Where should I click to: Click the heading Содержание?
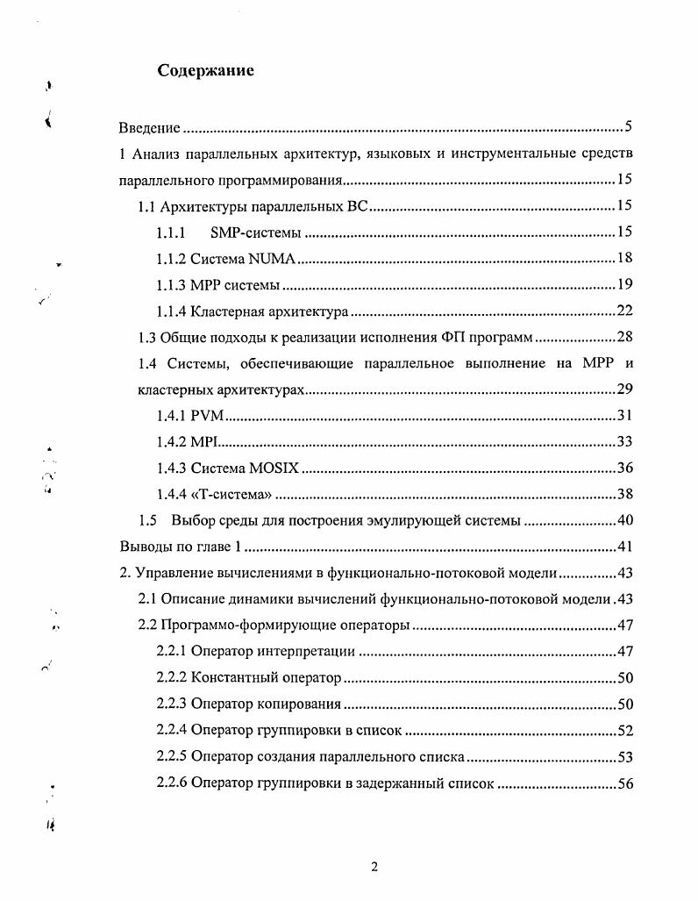pos(205,71)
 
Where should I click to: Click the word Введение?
pos(149,128)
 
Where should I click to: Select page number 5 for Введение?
pos(629,127)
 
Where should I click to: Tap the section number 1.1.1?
pos(171,232)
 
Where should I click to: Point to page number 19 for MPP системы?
pos(624,284)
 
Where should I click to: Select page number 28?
pos(624,337)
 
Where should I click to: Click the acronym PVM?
pos(207,415)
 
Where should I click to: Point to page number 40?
pos(624,520)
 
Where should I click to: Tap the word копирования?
pos(297,704)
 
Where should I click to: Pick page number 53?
pos(624,757)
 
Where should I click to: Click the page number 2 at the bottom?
pos(374,868)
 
